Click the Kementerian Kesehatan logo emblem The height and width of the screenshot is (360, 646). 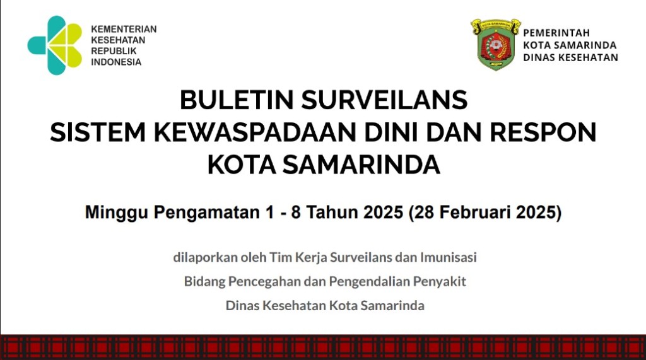click(55, 45)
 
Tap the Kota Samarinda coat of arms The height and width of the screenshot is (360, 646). click(496, 44)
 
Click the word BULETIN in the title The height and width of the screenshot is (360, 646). click(237, 100)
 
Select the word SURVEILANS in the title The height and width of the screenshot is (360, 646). click(384, 100)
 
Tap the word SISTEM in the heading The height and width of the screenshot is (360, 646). click(98, 132)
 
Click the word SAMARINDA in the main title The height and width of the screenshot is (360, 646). click(361, 165)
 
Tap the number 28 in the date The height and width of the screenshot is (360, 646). click(423, 212)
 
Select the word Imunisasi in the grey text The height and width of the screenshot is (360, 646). click(449, 257)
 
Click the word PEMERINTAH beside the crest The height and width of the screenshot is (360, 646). click(556, 33)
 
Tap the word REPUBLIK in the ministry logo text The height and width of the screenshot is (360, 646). click(114, 51)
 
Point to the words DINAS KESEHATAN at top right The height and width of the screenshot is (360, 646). click(570, 57)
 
